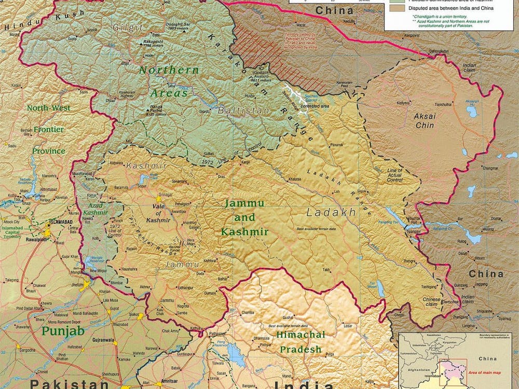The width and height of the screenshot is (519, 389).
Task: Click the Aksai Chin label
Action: [425, 121]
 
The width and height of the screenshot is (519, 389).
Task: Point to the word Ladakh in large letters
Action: [331, 212]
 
